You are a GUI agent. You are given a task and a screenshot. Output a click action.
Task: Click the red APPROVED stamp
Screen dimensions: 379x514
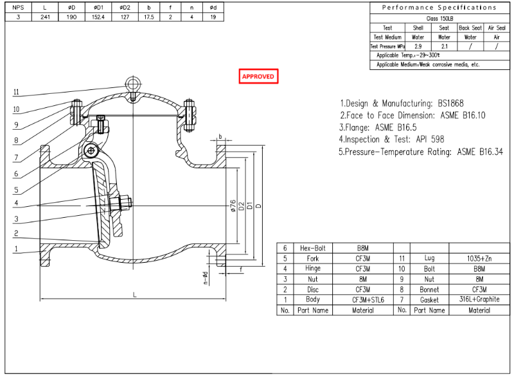(258, 76)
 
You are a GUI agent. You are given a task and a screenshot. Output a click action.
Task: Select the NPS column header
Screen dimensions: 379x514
(18, 7)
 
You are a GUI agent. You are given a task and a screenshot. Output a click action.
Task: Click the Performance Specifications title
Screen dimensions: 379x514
(439, 8)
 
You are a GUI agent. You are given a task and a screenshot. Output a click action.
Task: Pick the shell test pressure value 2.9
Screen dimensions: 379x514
(418, 46)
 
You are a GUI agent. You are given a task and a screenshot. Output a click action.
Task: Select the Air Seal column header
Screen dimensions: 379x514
(497, 28)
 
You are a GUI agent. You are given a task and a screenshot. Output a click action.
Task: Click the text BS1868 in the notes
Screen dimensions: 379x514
(450, 103)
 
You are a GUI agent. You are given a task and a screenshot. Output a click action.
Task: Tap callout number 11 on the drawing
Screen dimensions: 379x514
(16, 92)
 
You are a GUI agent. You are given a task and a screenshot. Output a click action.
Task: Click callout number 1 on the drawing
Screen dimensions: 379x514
(16, 249)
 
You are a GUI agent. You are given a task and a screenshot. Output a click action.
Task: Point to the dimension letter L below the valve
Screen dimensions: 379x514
(134, 294)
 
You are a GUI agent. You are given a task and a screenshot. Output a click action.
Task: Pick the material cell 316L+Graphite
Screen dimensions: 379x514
(479, 300)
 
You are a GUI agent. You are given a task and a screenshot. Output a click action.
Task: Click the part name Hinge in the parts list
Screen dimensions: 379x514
(312, 269)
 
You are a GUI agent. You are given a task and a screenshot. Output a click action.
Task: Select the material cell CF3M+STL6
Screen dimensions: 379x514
(368, 300)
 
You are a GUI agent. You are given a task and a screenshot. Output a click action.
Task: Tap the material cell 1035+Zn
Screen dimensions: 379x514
(479, 258)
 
